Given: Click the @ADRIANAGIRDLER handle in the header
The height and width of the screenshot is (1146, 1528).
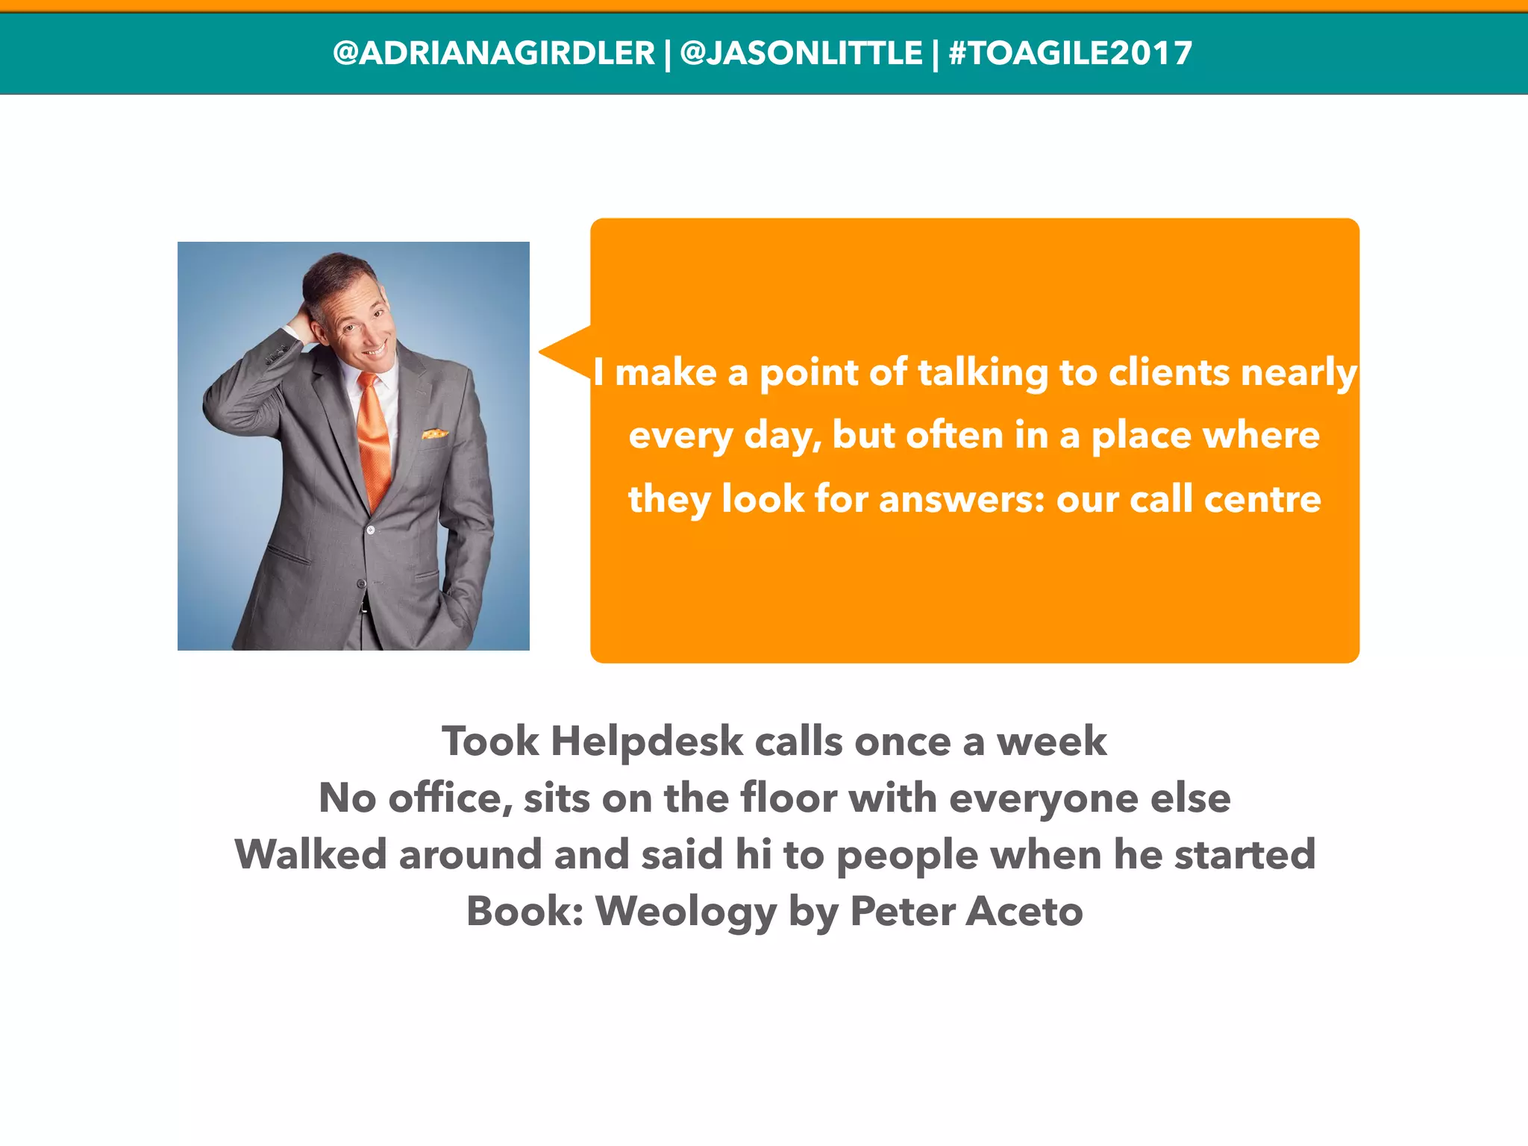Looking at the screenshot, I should pos(493,53).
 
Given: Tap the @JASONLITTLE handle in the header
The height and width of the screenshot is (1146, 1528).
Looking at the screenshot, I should pos(801,53).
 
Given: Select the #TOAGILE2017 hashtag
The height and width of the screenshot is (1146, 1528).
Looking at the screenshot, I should pos(1070,53).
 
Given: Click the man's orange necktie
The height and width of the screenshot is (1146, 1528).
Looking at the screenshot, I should pos(375,440).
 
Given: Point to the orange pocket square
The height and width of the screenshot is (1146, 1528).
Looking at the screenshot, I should pos(435,433).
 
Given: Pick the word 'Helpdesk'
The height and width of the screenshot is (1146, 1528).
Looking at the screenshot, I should pos(647,741).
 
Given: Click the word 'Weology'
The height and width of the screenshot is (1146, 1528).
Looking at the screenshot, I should pos(686,911).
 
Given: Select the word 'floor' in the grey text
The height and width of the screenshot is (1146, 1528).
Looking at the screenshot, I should pos(789,798).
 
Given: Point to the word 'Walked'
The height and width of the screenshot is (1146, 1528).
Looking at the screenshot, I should pos(311,854).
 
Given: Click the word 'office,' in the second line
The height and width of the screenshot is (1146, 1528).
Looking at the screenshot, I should pos(451,798).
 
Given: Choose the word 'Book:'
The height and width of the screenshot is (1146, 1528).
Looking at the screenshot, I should pos(525,911).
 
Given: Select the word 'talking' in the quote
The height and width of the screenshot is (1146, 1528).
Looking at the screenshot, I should pos(983,372).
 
